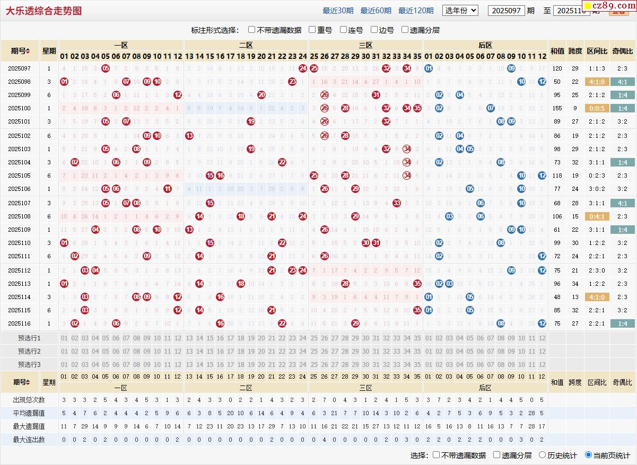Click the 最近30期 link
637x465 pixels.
pyautogui.click(x=338, y=11)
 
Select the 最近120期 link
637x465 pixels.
pyautogui.click(x=416, y=11)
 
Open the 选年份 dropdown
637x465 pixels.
pyautogui.click(x=460, y=11)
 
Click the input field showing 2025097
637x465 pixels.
pyautogui.click(x=506, y=11)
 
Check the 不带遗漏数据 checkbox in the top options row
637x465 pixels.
pyautogui.click(x=252, y=30)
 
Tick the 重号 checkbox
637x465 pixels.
pyautogui.click(x=312, y=30)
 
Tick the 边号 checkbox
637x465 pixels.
pyautogui.click(x=374, y=30)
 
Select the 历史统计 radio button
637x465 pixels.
pyautogui.click(x=542, y=455)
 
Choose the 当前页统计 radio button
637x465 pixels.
pyautogui.click(x=588, y=455)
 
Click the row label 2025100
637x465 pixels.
pyautogui.click(x=20, y=108)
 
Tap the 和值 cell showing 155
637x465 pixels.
pyautogui.click(x=557, y=108)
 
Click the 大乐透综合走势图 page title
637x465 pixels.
pyautogui.click(x=43, y=11)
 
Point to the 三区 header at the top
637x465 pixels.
pyautogui.click(x=365, y=46)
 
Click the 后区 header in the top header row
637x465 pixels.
pyautogui.click(x=485, y=46)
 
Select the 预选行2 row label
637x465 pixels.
pyautogui.click(x=29, y=351)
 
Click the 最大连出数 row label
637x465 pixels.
pyautogui.click(x=29, y=440)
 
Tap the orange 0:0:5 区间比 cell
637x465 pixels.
pyautogui.click(x=597, y=108)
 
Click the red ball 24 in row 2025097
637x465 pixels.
pyautogui.click(x=303, y=68)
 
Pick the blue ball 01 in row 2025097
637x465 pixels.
pyautogui.click(x=429, y=68)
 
